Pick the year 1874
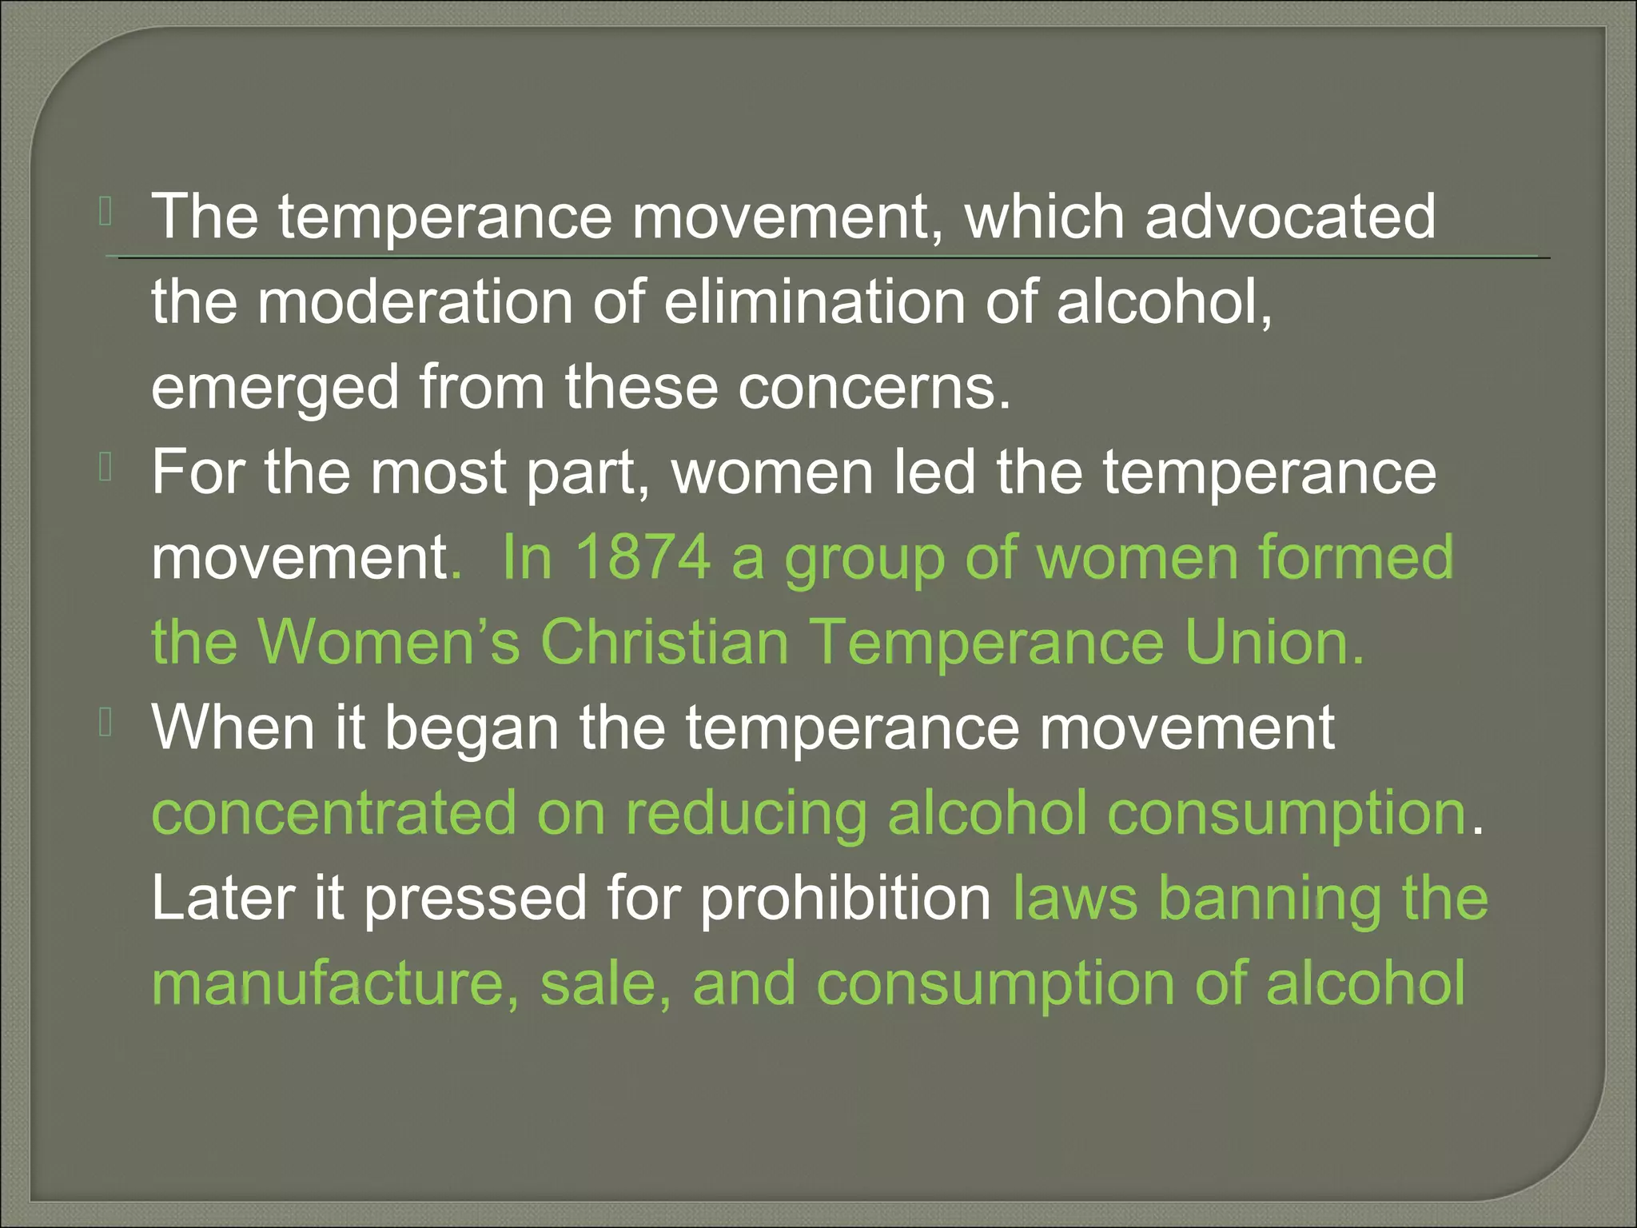tap(643, 557)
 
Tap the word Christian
tap(665, 642)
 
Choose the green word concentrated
tap(334, 814)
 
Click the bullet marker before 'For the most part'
tap(106, 467)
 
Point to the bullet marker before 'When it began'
tap(106, 723)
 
